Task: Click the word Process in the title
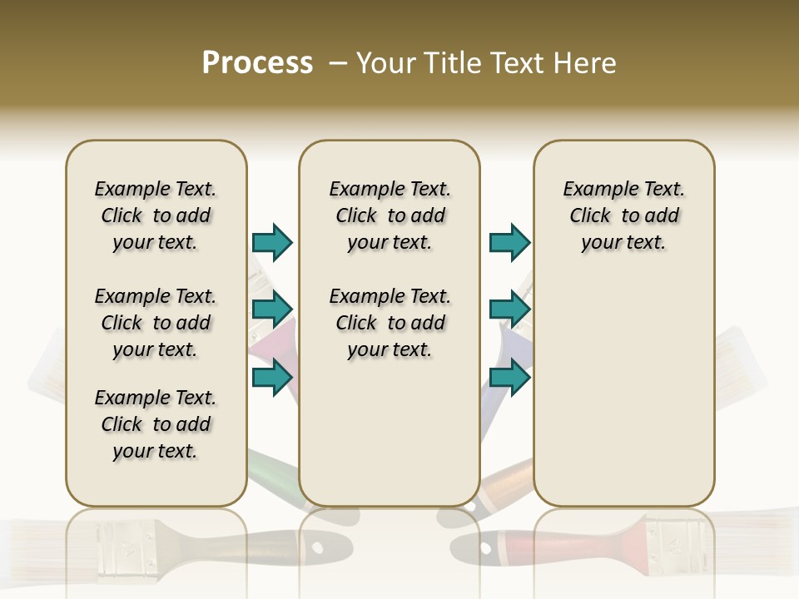257,63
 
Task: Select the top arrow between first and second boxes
272,243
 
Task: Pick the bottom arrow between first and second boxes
272,377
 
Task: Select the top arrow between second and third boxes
509,243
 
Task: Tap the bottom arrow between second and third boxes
509,377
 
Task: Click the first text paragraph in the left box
156,215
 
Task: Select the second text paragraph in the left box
156,323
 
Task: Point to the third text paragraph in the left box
156,424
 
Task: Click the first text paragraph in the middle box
390,215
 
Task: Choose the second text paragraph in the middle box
390,323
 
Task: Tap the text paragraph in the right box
623,215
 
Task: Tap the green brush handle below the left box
270,471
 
